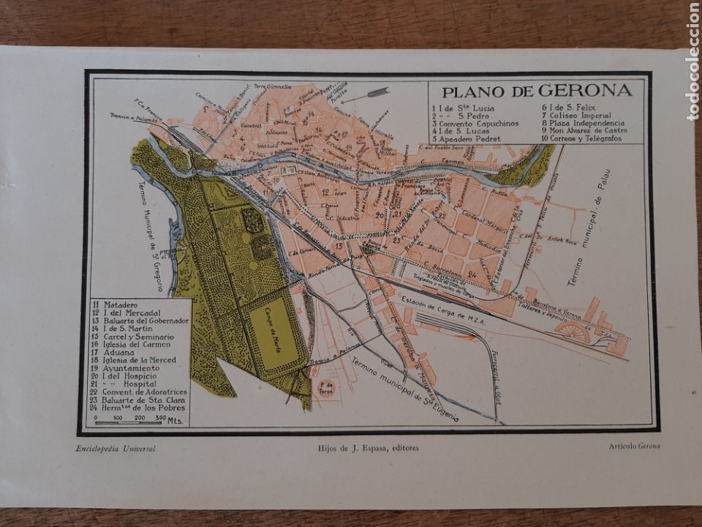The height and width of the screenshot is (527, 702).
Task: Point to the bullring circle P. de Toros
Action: pos(326,389)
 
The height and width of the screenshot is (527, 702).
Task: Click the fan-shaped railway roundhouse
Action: pos(572,332)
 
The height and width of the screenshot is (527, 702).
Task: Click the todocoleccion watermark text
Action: pos(692,62)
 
